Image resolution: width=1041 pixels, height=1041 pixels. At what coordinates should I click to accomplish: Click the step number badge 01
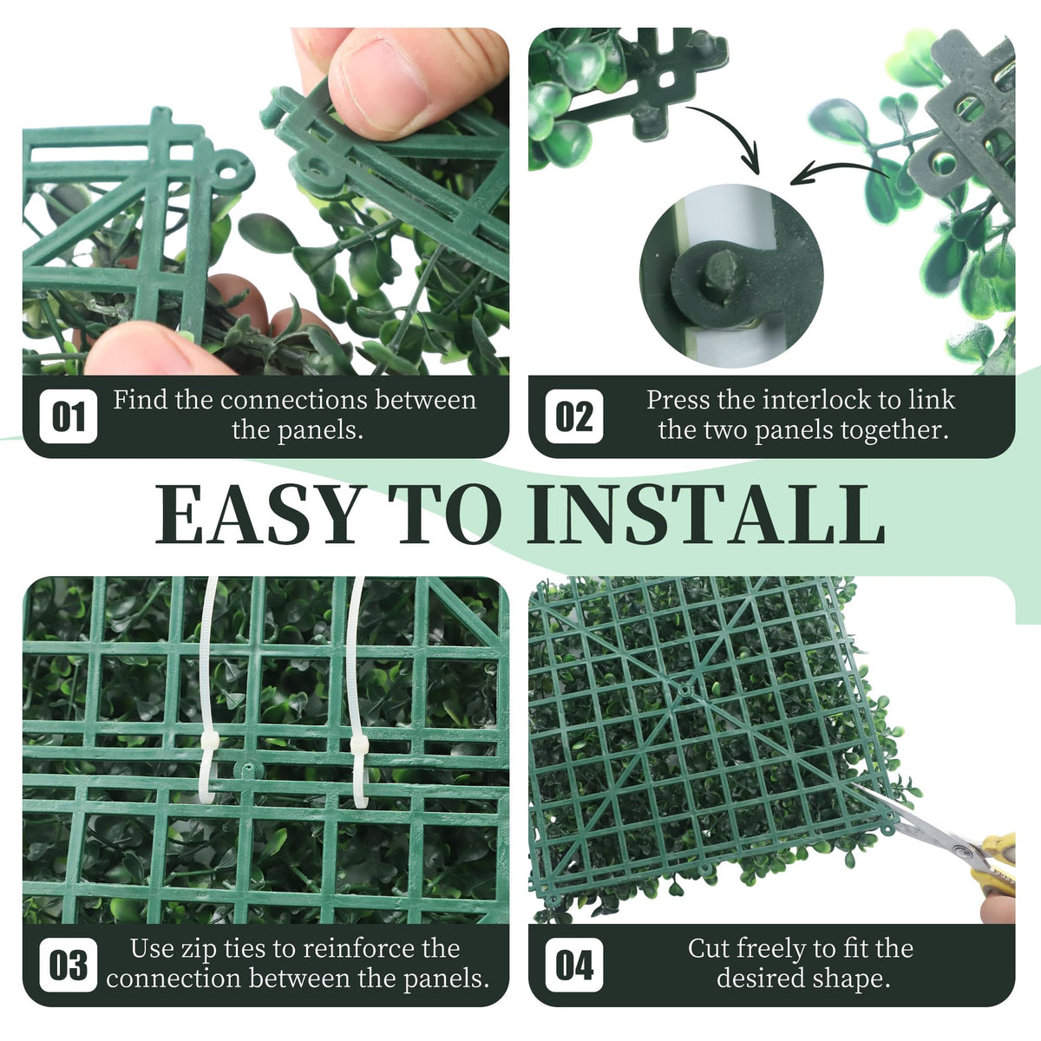tap(69, 416)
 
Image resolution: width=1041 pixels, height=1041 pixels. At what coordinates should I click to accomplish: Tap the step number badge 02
tap(574, 416)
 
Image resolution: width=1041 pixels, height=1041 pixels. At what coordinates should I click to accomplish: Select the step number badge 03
tap(69, 965)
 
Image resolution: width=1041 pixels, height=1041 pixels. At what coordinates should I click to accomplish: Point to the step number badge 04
tap(574, 965)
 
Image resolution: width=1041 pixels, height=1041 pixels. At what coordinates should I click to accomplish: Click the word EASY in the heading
tap(258, 514)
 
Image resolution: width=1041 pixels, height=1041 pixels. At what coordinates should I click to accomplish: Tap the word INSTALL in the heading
tap(705, 514)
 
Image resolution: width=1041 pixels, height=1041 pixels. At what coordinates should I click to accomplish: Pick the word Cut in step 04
tap(707, 949)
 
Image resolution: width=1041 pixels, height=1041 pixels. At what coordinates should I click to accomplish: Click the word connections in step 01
tap(294, 400)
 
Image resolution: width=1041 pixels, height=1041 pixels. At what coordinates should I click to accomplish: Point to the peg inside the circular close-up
tap(723, 272)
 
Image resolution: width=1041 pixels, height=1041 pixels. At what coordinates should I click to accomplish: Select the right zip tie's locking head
tap(359, 745)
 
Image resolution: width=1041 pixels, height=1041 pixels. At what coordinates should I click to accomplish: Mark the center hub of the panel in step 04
tap(685, 690)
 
